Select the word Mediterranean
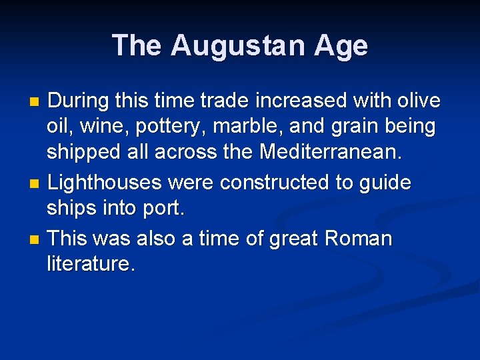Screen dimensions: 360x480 point(331,153)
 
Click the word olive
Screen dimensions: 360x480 point(415,101)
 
